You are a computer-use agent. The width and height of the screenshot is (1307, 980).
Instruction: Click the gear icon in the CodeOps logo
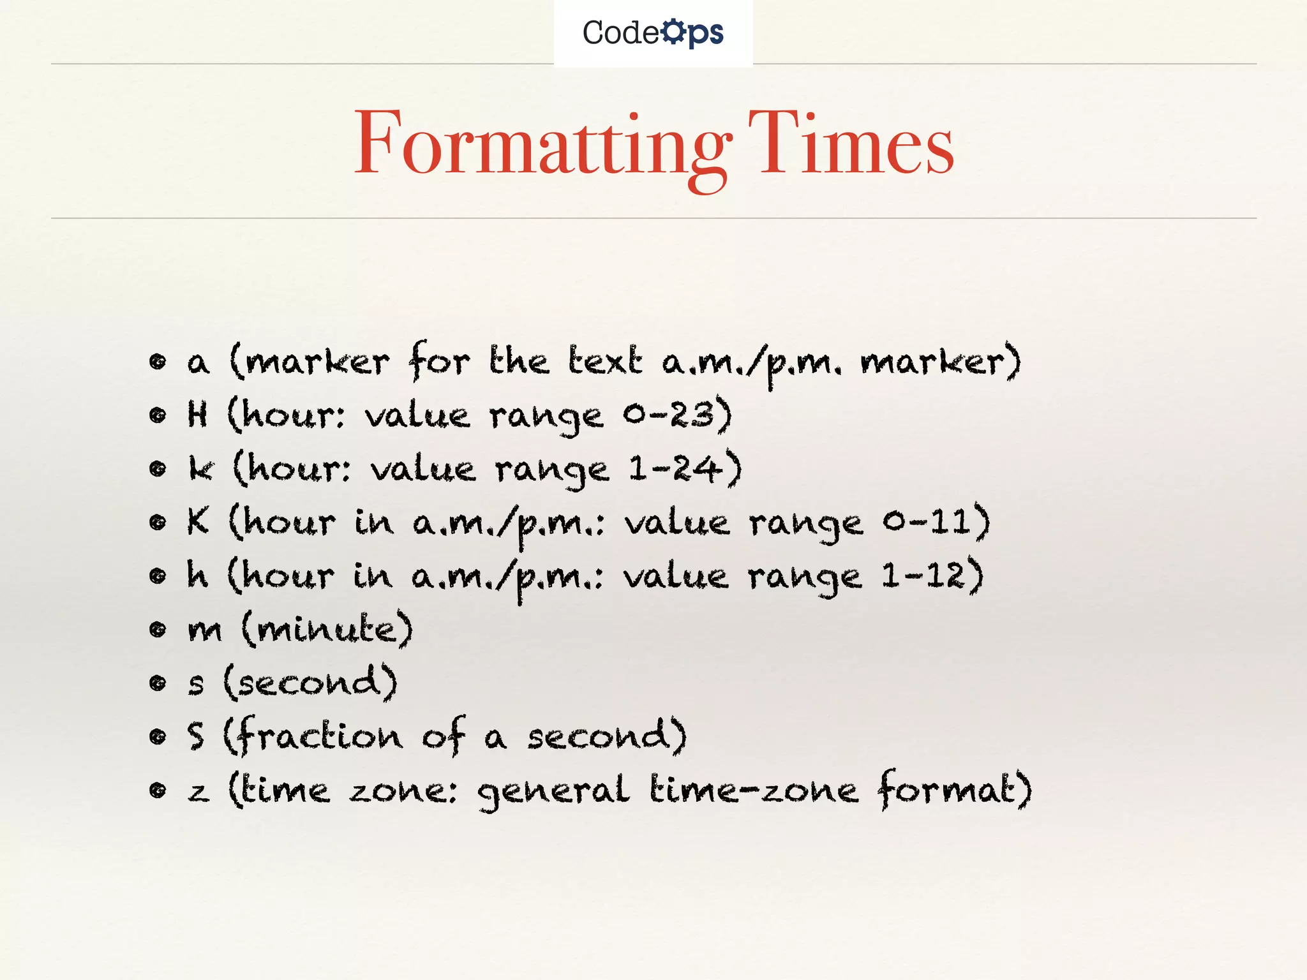(673, 32)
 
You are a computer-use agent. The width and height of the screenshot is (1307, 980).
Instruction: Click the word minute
(326, 630)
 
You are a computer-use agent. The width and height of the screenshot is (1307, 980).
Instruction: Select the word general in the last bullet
(553, 792)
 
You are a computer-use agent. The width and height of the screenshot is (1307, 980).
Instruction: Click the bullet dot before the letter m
(157, 630)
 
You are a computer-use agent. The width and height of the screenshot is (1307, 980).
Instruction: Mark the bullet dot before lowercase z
(157, 791)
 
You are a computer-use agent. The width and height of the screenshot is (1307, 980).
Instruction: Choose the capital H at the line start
(198, 415)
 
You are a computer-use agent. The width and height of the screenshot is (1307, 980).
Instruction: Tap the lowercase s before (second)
(197, 685)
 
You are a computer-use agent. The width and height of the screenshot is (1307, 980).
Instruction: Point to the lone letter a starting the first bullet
(198, 363)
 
